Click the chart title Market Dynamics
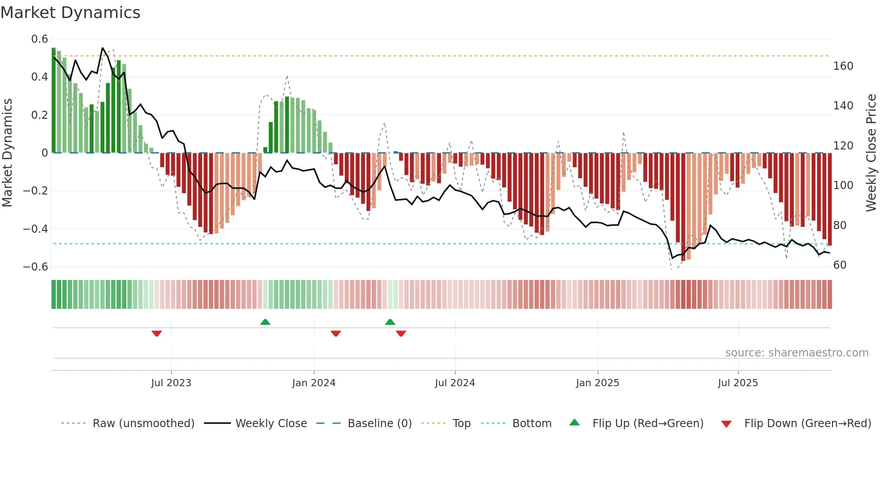click(x=70, y=13)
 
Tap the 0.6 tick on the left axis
click(x=40, y=39)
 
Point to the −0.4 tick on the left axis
click(x=36, y=229)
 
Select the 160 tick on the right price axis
click(x=843, y=66)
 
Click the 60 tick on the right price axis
click(x=840, y=265)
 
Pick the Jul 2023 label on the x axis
click(x=171, y=383)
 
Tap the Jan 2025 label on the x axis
click(x=597, y=383)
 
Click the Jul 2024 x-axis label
click(x=454, y=383)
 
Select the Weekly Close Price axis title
click(x=871, y=153)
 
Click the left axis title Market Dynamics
click(x=7, y=153)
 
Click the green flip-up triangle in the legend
click(x=575, y=423)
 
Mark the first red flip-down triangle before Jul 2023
click(x=157, y=334)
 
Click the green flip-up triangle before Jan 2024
click(x=265, y=322)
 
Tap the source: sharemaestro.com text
click(x=796, y=353)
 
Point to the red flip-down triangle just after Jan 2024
click(x=336, y=334)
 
